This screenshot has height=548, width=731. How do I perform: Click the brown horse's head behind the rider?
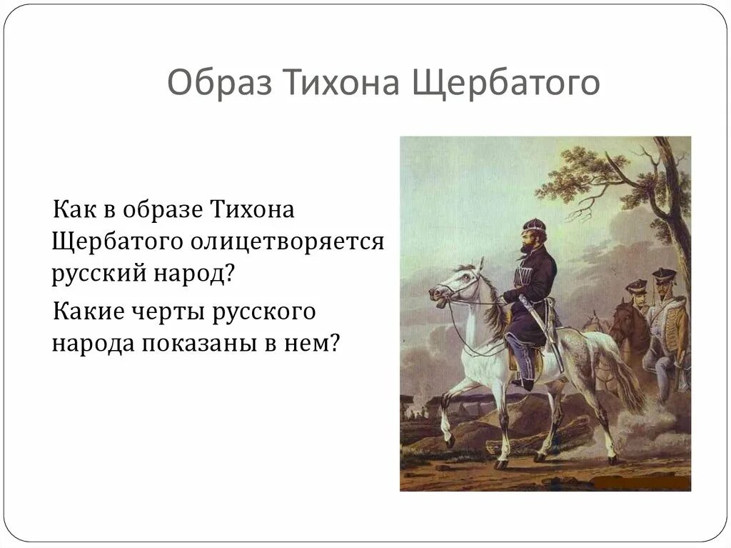point(620,312)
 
